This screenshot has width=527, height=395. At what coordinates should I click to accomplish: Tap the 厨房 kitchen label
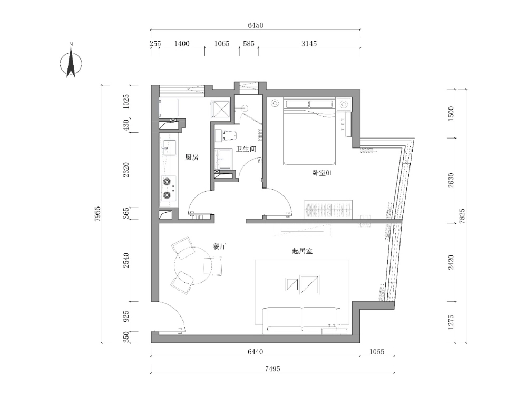(x=192, y=157)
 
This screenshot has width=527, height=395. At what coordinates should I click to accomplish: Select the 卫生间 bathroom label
(x=246, y=149)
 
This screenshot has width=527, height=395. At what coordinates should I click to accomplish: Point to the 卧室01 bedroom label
(x=323, y=173)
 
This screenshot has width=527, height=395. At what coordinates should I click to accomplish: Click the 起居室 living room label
(x=302, y=251)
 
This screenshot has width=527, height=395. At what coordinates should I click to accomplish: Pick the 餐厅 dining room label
(x=219, y=246)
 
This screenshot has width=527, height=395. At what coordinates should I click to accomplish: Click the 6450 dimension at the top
(x=256, y=25)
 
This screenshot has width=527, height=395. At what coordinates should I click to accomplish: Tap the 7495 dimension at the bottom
(x=272, y=369)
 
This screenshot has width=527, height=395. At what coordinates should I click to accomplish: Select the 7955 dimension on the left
(x=97, y=214)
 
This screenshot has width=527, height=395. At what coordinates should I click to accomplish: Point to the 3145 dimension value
(x=309, y=43)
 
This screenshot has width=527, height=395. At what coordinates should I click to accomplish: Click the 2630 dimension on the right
(x=451, y=180)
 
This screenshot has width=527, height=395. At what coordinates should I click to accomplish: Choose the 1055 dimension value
(x=376, y=352)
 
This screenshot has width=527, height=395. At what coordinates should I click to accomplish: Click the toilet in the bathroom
(x=226, y=135)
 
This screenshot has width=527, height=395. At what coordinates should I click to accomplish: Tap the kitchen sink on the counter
(x=169, y=148)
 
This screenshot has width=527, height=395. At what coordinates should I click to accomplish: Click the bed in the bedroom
(x=309, y=132)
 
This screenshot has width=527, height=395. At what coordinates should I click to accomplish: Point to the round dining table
(x=193, y=266)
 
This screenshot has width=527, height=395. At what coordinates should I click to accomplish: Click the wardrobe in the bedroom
(x=328, y=209)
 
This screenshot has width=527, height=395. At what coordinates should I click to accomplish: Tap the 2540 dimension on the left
(x=126, y=260)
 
